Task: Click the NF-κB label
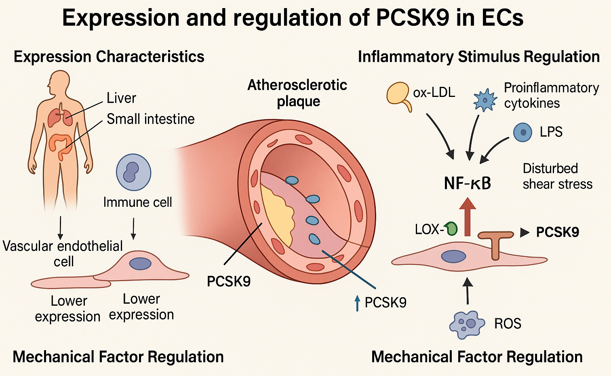pyautogui.click(x=467, y=183)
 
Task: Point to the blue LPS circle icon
pyautogui.click(x=523, y=132)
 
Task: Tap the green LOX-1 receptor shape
pyautogui.click(x=451, y=228)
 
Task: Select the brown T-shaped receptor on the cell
pyautogui.click(x=495, y=242)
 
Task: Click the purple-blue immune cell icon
pyautogui.click(x=133, y=172)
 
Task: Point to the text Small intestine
pyautogui.click(x=150, y=119)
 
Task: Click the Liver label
pyautogui.click(x=121, y=98)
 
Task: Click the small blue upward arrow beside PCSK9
pyautogui.click(x=357, y=303)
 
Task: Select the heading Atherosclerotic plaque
pyautogui.click(x=297, y=93)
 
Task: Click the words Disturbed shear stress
pyautogui.click(x=557, y=176)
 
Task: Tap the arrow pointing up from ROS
pyautogui.click(x=468, y=291)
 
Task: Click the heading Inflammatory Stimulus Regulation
pyautogui.click(x=478, y=57)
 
